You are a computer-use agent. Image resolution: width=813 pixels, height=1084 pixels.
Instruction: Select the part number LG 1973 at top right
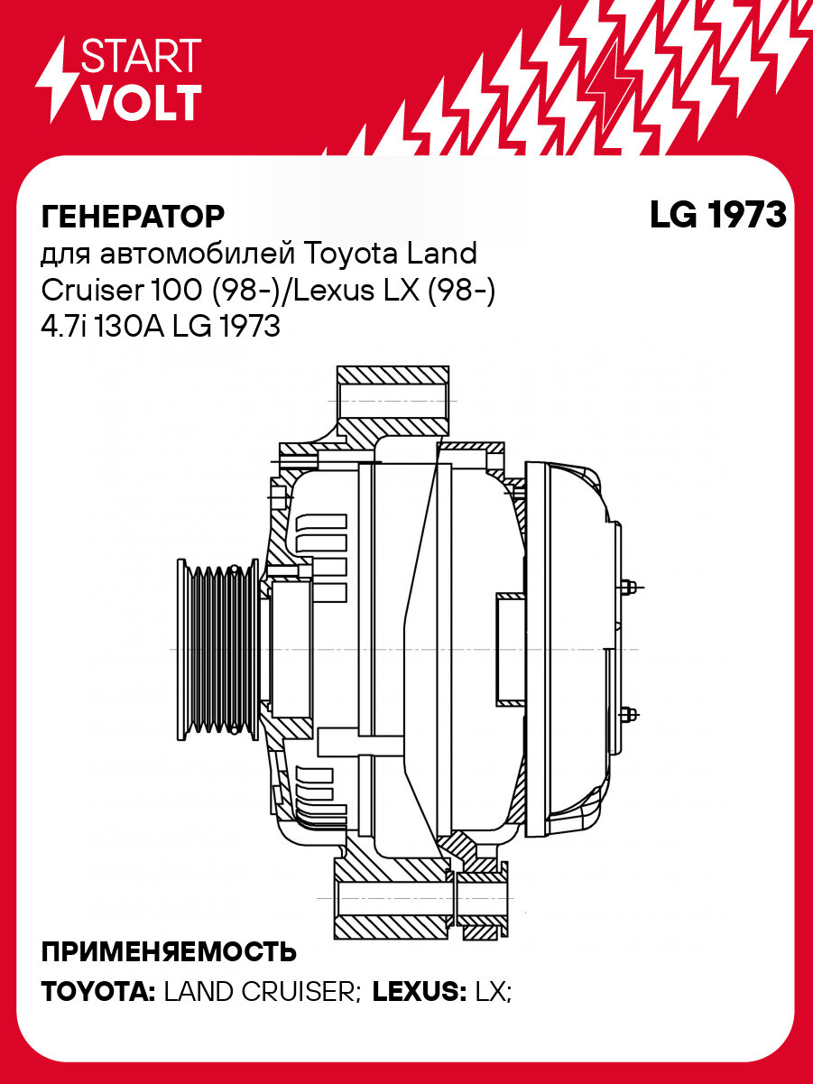pyautogui.click(x=717, y=216)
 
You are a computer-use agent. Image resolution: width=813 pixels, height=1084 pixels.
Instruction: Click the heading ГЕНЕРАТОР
pyautogui.click(x=132, y=217)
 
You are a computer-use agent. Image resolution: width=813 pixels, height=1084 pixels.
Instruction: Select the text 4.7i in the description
pyautogui.click(x=60, y=326)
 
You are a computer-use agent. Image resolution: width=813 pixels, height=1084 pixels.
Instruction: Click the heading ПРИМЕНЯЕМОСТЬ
pyautogui.click(x=169, y=952)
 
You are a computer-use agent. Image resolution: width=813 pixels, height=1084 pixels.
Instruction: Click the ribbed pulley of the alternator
pyautogui.click(x=217, y=650)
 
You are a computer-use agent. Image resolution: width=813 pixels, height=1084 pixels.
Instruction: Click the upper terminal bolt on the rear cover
pyautogui.click(x=629, y=587)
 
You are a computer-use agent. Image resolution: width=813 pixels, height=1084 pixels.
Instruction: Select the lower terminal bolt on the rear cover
pyautogui.click(x=629, y=713)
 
